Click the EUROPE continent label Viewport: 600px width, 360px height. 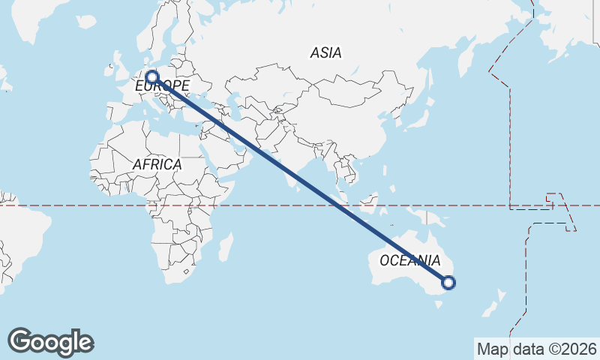162,86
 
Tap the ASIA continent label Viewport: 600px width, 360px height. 325,52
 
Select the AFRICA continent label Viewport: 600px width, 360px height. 157,164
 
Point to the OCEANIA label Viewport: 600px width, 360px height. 409,261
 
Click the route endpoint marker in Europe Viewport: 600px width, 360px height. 152,76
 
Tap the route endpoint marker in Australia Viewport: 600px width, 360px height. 448,283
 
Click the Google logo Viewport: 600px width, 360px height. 50,342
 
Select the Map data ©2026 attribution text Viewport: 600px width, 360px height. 536,349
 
